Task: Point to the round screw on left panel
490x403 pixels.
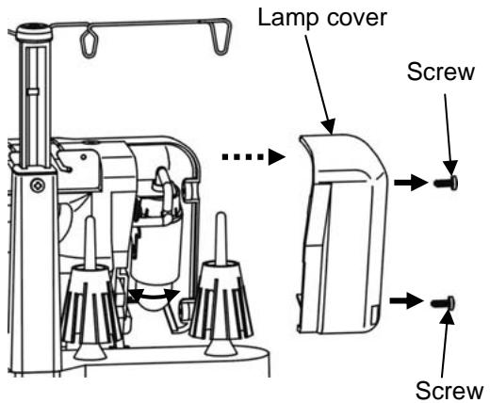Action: tap(38, 181)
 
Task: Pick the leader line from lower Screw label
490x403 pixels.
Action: tap(453, 343)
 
